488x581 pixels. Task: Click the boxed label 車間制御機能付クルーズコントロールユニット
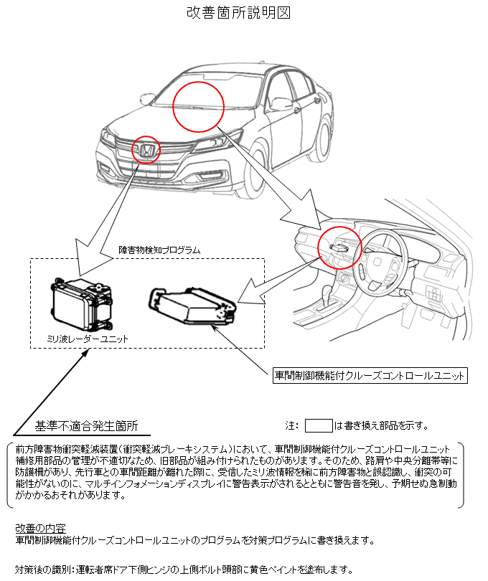click(x=370, y=375)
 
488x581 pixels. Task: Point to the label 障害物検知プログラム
click(x=159, y=250)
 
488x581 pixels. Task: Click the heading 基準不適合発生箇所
click(x=86, y=425)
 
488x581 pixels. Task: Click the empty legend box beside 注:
click(x=319, y=425)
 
